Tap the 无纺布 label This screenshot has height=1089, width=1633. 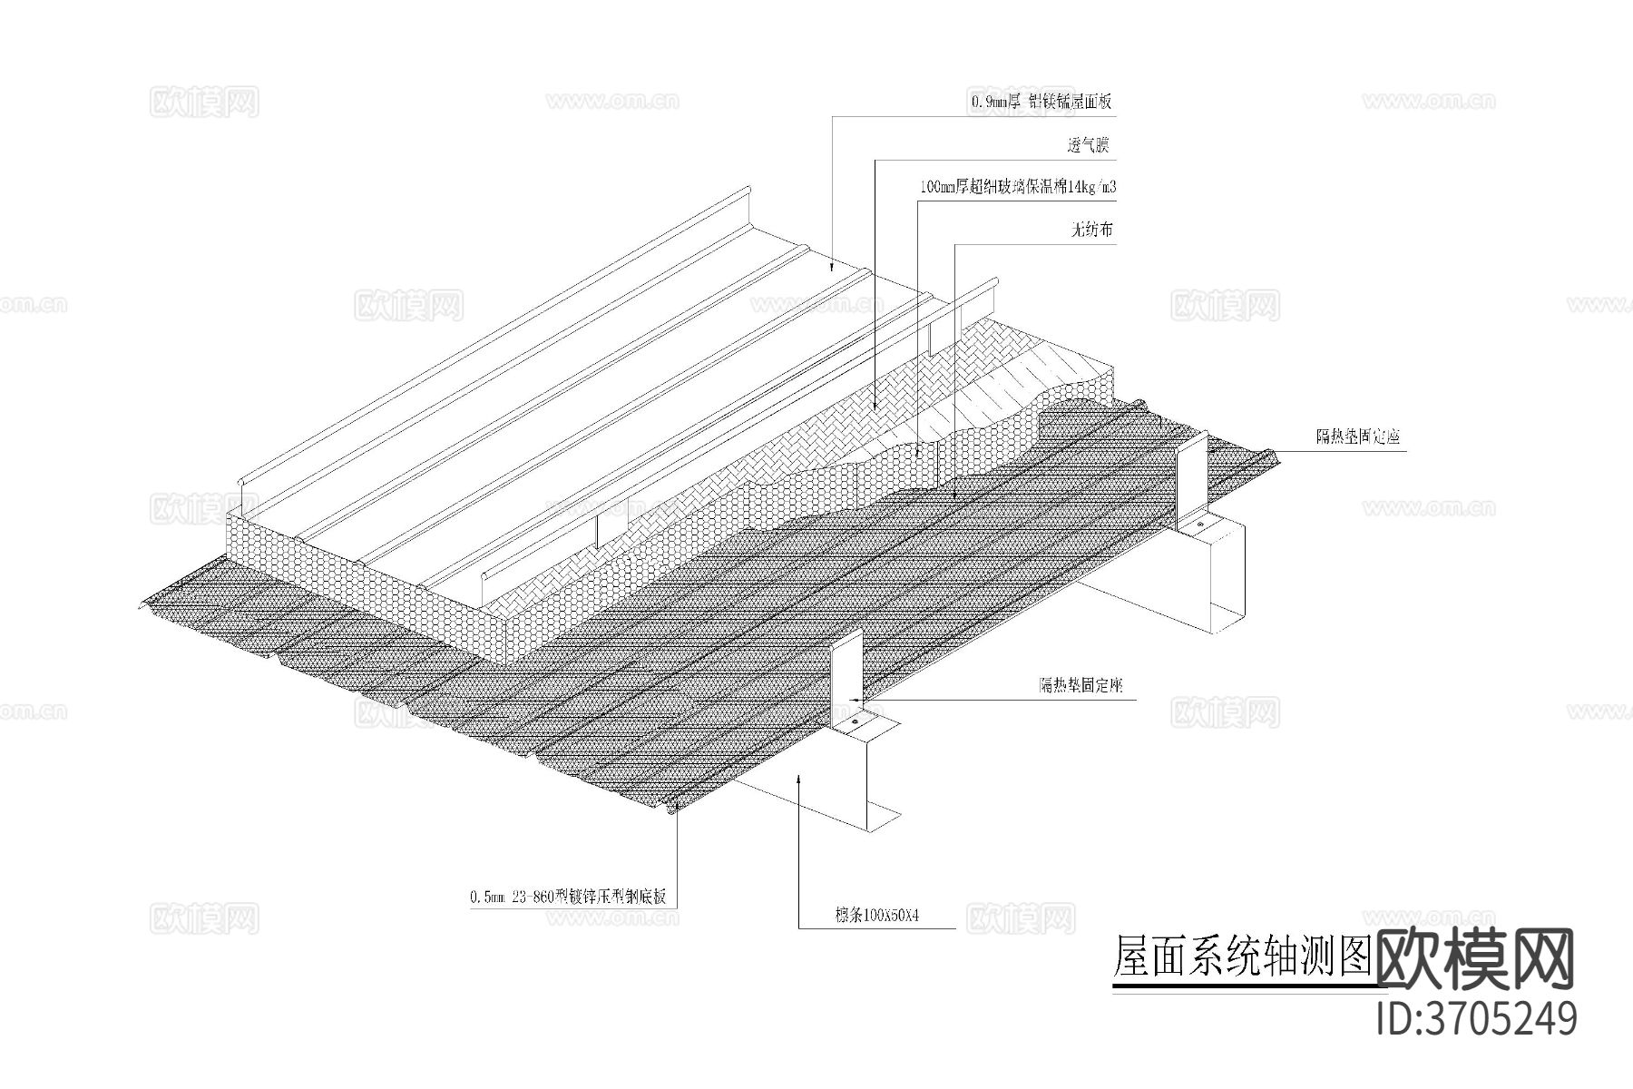coord(1090,231)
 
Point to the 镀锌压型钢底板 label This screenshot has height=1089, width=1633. coord(616,898)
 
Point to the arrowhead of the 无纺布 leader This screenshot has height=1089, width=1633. coord(955,495)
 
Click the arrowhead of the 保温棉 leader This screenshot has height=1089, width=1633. coord(917,451)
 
